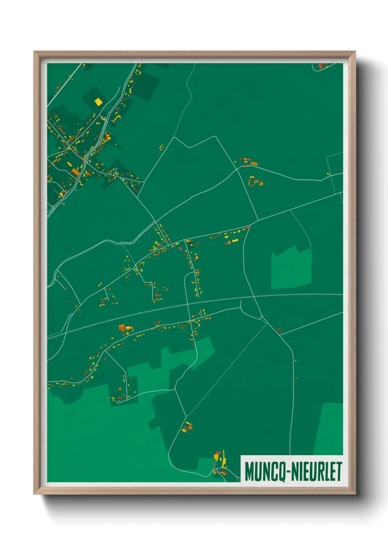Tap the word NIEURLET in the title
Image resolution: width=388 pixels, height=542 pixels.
click(317, 472)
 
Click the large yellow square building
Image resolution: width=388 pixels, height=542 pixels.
click(98, 101)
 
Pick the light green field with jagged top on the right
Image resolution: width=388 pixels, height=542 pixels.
click(291, 268)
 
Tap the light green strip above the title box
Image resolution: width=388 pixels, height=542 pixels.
click(329, 428)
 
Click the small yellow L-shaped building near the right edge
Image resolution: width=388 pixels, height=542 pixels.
click(329, 174)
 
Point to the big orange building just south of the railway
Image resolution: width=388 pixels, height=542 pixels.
click(122, 327)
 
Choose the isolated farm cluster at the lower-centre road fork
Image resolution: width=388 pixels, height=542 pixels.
click(188, 427)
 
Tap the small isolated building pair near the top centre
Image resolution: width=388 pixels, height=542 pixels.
click(161, 148)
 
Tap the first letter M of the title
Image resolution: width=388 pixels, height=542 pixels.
click(249, 472)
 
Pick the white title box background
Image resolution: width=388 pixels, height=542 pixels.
click(292, 459)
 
